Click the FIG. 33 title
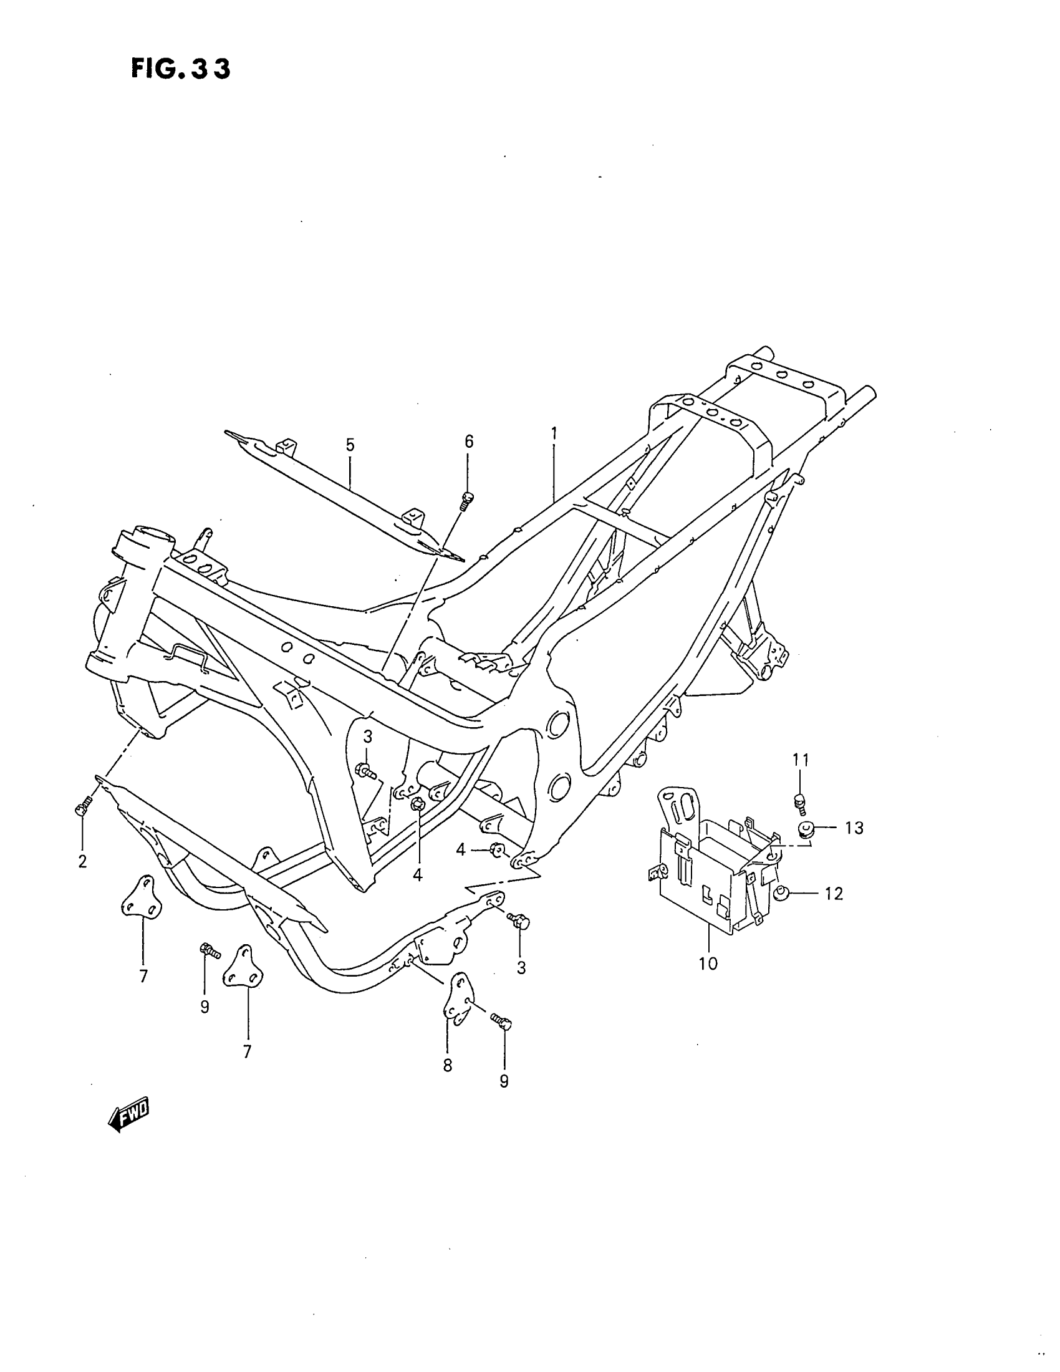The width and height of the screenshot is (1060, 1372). coord(181,69)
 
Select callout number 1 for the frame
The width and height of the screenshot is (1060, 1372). coord(554,433)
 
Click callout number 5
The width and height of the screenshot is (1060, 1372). coord(350,445)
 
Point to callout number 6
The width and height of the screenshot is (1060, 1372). coord(469,442)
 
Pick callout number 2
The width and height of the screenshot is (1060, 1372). coord(82,861)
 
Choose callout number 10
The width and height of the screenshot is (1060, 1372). coord(708,980)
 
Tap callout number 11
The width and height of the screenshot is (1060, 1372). coord(800,760)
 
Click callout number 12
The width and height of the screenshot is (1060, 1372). coord(833,893)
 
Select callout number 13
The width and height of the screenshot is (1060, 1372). coord(854,828)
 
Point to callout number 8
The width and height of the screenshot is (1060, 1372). coord(447,1065)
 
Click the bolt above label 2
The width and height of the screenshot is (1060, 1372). coord(83,806)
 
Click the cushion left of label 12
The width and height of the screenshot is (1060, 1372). coord(783,892)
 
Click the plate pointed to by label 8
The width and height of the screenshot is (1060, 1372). coord(459,1002)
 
